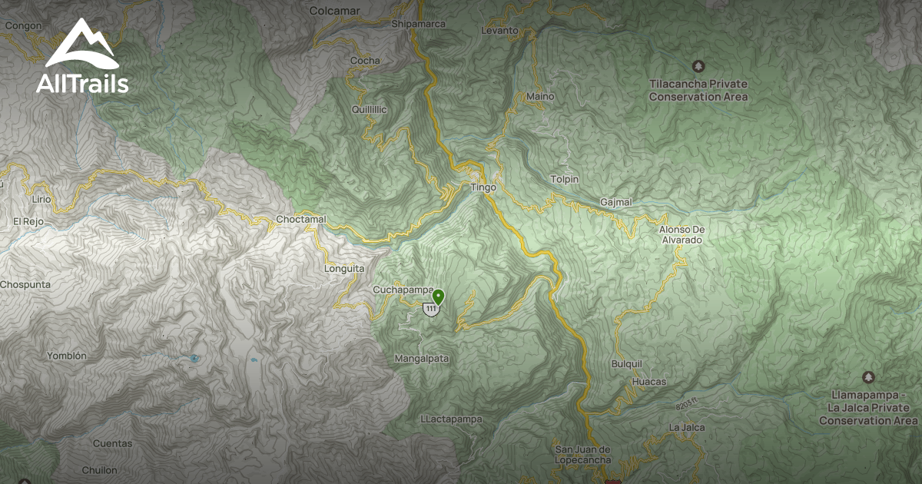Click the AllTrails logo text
point(82,85)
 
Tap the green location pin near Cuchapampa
point(438,297)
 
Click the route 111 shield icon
point(430,309)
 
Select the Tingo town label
point(483,187)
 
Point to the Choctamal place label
point(301,220)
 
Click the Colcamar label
point(334,11)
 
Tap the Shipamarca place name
point(419,24)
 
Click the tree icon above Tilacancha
point(698,66)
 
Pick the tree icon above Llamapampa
point(867,377)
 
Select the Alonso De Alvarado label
point(681,234)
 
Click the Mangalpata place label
point(422,359)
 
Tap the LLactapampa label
point(452,419)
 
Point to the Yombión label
point(67,356)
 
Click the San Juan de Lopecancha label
point(582,454)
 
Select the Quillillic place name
point(369,110)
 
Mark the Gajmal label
point(616,202)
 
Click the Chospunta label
point(25,284)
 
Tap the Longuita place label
point(344,269)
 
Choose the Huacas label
point(648,382)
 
